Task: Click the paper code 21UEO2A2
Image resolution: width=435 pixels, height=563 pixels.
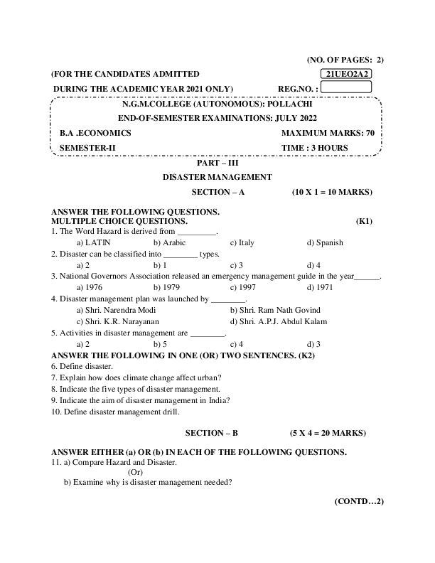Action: coord(348,74)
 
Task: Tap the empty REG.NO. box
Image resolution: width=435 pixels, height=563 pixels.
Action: coord(348,87)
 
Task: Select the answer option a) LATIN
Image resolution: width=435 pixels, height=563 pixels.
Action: coord(98,242)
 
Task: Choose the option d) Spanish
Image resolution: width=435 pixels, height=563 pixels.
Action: coord(325,242)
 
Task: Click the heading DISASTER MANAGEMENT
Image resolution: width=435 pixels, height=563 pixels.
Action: coord(217,177)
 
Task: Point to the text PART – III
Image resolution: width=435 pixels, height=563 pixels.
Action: coord(217,163)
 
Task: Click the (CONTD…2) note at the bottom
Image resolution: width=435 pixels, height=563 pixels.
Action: coord(359,501)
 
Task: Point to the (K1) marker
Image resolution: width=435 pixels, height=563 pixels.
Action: coord(365,221)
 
